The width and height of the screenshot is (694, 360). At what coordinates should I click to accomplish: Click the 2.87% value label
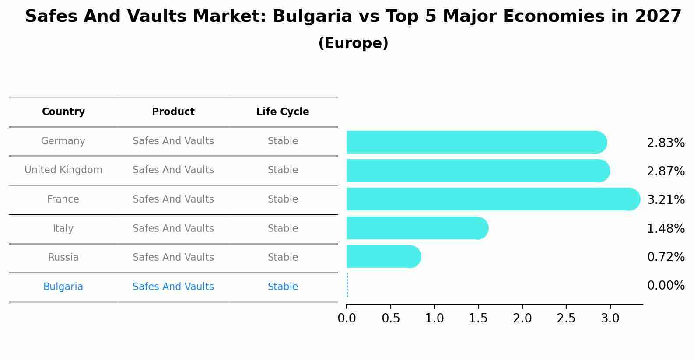pyautogui.click(x=666, y=171)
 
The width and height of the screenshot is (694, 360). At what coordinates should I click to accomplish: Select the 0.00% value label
pyautogui.click(x=666, y=286)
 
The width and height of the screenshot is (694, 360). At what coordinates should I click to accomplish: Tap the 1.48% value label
pyautogui.click(x=666, y=228)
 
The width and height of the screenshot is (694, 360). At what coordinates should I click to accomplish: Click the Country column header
pyautogui.click(x=63, y=112)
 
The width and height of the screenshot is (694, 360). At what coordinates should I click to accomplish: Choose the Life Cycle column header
pyautogui.click(x=283, y=112)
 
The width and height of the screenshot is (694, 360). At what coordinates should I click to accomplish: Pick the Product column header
pyautogui.click(x=173, y=112)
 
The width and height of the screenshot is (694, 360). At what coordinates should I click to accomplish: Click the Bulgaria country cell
pyautogui.click(x=63, y=287)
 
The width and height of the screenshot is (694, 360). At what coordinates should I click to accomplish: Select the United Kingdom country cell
pyautogui.click(x=63, y=170)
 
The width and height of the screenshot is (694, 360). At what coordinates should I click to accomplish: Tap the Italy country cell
pyautogui.click(x=63, y=228)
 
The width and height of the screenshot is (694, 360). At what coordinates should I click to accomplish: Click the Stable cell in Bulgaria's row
pyautogui.click(x=283, y=287)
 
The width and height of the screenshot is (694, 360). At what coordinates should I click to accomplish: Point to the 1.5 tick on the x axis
pyautogui.click(x=478, y=318)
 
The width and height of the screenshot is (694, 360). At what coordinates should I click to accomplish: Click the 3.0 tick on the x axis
pyautogui.click(x=610, y=318)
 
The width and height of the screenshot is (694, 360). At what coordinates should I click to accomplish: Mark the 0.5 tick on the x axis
pyautogui.click(x=391, y=318)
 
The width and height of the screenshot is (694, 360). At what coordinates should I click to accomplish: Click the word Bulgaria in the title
pyautogui.click(x=312, y=17)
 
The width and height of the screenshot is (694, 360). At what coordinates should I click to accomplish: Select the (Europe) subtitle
pyautogui.click(x=353, y=43)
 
